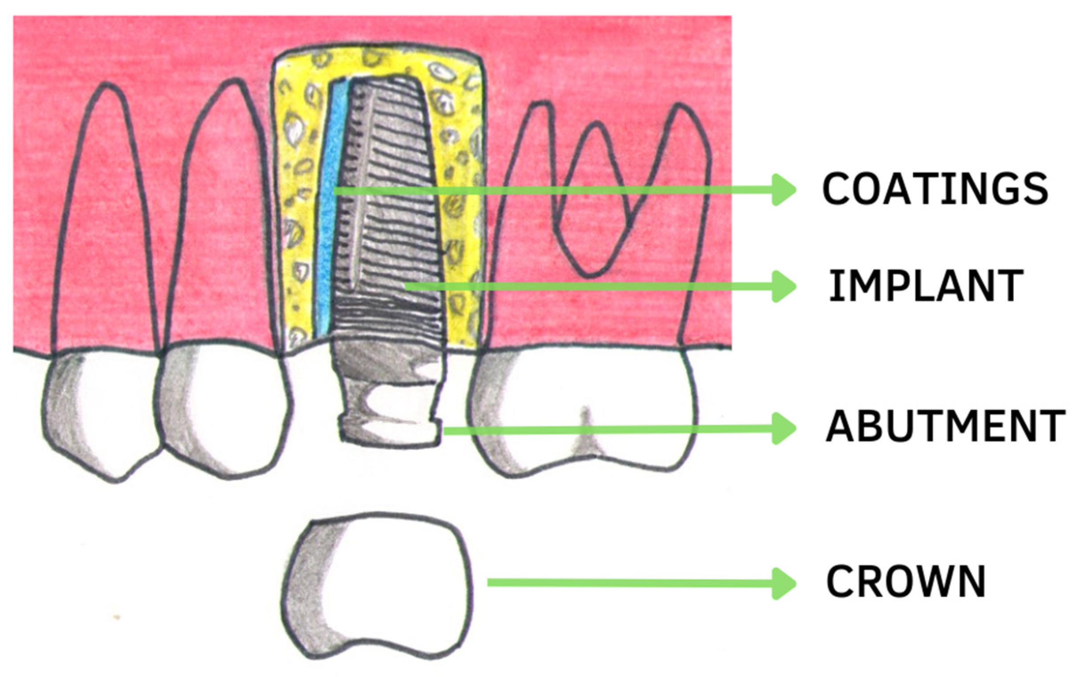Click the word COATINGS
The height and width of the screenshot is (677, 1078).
pyautogui.click(x=935, y=189)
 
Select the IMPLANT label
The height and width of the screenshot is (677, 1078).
pyautogui.click(x=926, y=286)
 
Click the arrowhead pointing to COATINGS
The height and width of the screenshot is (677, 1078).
pyautogui.click(x=784, y=190)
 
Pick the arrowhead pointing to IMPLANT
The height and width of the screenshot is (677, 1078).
pyautogui.click(x=784, y=286)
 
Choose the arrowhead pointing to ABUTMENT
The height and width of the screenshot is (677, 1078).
pyautogui.click(x=784, y=428)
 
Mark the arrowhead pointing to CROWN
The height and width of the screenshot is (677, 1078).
pyautogui.click(x=784, y=583)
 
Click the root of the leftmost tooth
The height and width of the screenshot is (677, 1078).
pyautogui.click(x=106, y=224)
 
